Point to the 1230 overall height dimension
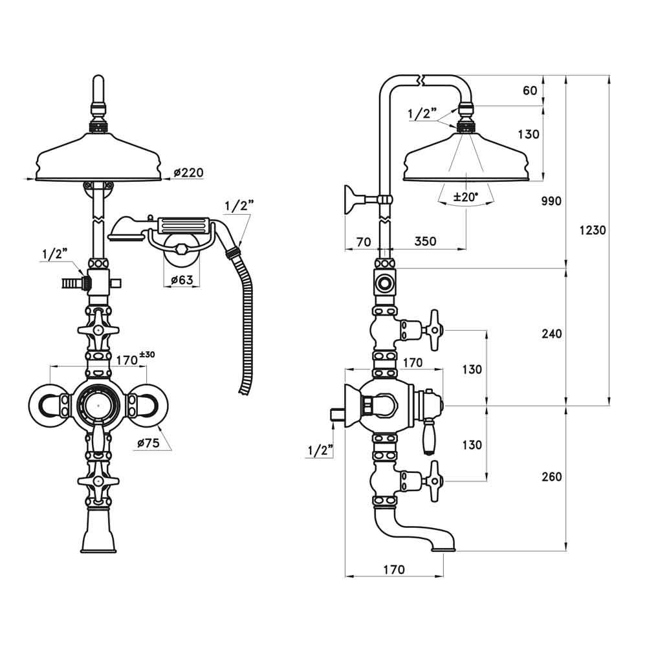pos(592,230)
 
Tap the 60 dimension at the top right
pos(530,91)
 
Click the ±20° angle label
pos(465,198)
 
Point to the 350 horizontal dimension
pos(425,241)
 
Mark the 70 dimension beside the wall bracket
pos(364,241)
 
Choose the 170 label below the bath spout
pos(393,569)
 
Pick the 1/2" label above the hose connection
pos(239,206)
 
